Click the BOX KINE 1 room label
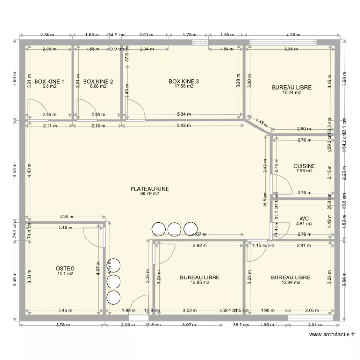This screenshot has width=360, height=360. (x=49, y=82)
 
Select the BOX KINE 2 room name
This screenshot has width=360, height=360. (x=98, y=82)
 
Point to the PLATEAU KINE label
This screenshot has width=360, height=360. (x=149, y=189)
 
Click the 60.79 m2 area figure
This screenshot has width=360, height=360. (x=149, y=194)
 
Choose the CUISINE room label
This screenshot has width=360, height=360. (x=304, y=166)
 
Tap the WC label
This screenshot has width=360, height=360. (x=304, y=218)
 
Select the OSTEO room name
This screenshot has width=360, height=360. (x=65, y=268)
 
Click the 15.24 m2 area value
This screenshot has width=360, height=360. (x=291, y=93)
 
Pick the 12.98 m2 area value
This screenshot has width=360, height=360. (x=290, y=283)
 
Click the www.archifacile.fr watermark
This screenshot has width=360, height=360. (x=333, y=335)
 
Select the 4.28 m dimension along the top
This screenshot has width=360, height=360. (x=293, y=35)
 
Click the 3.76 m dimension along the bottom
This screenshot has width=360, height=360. (x=62, y=325)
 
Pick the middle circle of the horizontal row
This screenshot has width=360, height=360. (x=174, y=229)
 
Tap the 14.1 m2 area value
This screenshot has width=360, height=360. (x=65, y=274)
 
